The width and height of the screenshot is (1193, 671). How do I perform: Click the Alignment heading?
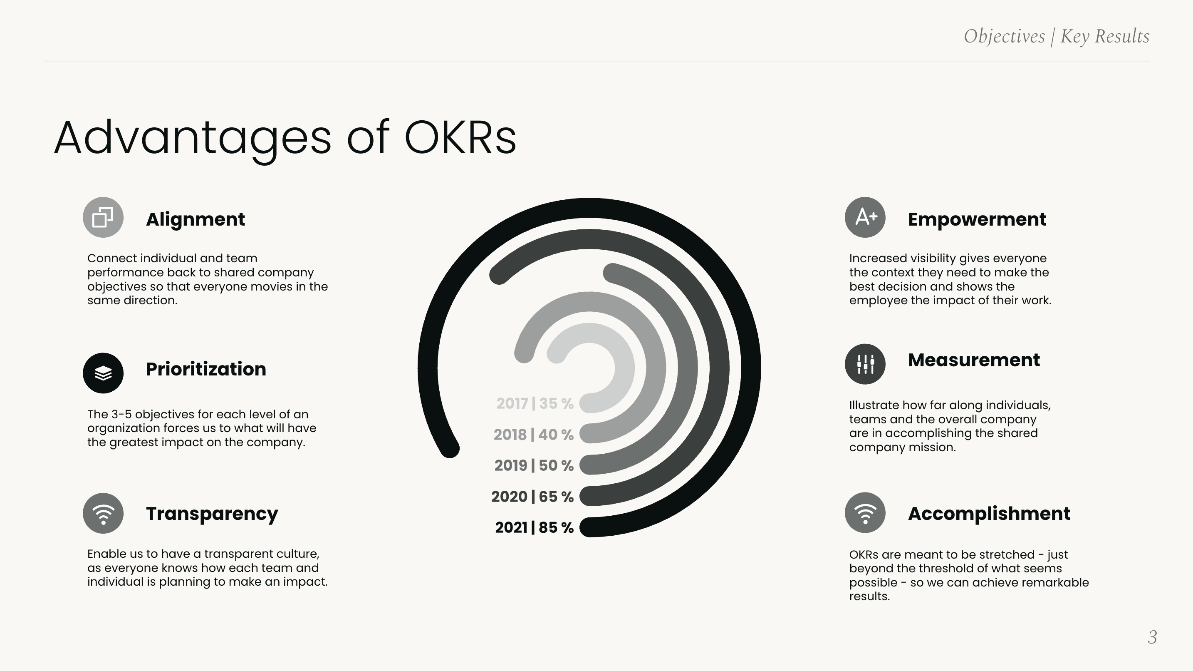click(195, 219)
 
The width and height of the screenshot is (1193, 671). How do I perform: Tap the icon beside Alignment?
click(103, 217)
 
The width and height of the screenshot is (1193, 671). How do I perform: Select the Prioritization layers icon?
click(103, 373)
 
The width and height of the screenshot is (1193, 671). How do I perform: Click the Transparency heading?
click(212, 513)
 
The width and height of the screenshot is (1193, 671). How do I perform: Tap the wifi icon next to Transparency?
click(103, 513)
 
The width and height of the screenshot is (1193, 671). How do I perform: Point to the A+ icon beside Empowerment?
click(865, 217)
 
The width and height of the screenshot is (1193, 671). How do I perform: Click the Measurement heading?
click(973, 360)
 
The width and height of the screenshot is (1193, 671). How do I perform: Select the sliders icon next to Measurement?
click(865, 364)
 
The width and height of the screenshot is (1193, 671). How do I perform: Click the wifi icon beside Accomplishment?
click(865, 513)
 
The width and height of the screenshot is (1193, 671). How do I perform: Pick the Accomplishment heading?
click(989, 513)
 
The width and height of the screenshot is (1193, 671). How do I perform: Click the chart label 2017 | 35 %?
click(535, 404)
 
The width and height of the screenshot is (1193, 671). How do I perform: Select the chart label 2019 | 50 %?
click(534, 465)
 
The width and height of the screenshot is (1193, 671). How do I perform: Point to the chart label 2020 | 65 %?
click(532, 497)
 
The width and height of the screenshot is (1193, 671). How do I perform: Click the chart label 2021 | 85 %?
click(534, 527)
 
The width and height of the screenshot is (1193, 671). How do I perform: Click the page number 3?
click(1152, 637)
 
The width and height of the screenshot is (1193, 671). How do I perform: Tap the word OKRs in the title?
click(460, 138)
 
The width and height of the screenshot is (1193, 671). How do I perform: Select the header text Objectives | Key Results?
click(1057, 36)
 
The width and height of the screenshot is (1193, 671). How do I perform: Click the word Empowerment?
click(977, 219)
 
